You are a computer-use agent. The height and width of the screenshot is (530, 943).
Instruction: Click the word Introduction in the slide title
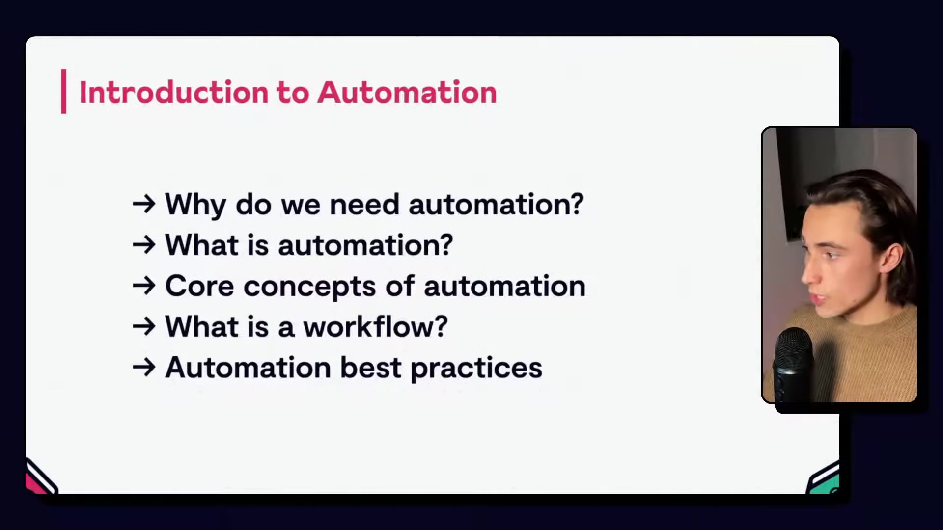coord(173,92)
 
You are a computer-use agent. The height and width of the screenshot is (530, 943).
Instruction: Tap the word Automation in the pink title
coord(407,92)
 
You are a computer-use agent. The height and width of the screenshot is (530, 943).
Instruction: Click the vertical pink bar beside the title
coord(63,91)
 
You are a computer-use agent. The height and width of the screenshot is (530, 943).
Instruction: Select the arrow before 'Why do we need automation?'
coord(144,204)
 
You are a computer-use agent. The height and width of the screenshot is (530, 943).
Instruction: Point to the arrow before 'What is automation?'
coord(144,245)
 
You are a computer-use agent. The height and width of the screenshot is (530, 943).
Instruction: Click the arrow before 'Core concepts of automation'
coord(144,286)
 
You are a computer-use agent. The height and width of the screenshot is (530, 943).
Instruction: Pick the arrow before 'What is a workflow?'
coord(144,327)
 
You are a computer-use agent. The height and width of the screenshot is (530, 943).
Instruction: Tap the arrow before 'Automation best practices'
coord(144,368)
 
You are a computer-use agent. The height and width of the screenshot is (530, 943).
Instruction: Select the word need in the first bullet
coord(364,204)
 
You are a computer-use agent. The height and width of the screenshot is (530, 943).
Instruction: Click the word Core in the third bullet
coord(199,286)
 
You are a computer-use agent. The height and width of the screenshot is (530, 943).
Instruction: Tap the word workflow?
coord(375,327)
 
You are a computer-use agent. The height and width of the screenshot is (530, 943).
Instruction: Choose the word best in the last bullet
coord(371,368)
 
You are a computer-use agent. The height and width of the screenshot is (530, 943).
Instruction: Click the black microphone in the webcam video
coord(794,363)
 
